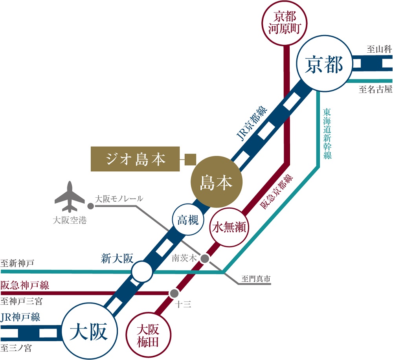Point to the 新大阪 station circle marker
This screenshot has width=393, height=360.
141,271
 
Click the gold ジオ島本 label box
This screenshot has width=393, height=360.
135,159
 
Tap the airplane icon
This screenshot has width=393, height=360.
70,197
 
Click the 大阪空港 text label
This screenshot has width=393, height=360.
70,220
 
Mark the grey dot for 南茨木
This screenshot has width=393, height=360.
205,259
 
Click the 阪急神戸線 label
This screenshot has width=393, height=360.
25,285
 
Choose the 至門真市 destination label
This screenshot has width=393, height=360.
256,279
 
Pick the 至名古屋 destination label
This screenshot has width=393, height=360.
375,90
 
